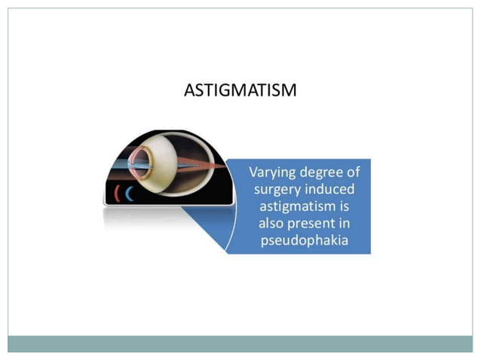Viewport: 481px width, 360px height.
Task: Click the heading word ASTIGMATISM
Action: [240, 91]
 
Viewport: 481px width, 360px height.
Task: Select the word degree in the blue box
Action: [324, 172]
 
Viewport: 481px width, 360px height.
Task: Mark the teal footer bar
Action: [240, 343]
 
